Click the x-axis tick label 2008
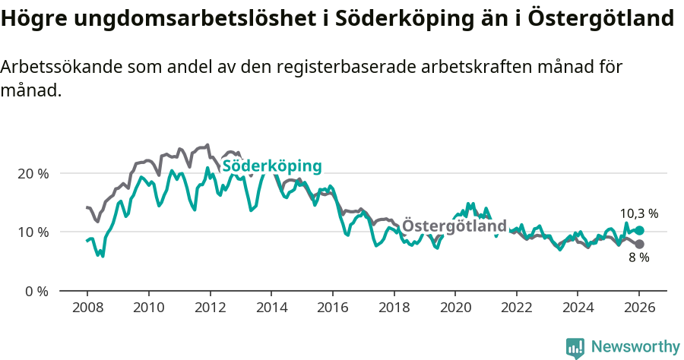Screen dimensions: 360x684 point(87,310)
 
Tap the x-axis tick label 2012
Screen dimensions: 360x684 point(209,310)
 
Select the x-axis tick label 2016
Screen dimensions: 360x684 point(332,310)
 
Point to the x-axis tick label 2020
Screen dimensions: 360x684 point(454,310)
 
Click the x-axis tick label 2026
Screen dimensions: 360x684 point(639,310)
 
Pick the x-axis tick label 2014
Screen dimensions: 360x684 point(271,310)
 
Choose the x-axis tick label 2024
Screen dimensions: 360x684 point(578,310)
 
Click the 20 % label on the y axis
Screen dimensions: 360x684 point(33,173)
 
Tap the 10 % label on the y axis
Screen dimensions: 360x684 point(33,232)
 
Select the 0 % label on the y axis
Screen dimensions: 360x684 point(36,291)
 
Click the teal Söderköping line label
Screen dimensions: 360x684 point(271,166)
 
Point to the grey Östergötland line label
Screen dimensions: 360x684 point(454,226)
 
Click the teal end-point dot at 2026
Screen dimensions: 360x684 point(639,230)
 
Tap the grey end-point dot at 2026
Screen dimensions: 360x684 point(639,244)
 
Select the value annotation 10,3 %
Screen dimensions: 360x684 point(638,213)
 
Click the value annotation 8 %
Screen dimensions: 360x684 point(638,258)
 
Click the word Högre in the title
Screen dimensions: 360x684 point(34,19)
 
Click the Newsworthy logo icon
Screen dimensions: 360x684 point(575,347)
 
